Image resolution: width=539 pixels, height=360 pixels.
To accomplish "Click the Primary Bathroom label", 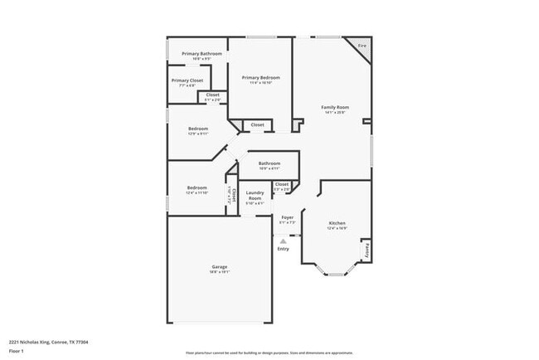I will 196,55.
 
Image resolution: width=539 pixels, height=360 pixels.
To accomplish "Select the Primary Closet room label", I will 187,81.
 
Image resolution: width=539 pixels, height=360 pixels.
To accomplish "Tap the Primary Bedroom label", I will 258,79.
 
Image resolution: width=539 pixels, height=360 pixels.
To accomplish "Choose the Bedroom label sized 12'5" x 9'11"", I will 197,130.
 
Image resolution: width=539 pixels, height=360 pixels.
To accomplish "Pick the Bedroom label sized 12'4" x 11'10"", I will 196,189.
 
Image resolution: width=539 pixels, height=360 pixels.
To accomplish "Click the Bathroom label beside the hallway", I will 269,164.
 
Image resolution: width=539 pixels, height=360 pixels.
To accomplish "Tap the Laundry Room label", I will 255,197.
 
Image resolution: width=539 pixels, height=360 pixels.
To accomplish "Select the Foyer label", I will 287,218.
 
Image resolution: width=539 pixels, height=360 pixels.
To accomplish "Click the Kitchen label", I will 337,224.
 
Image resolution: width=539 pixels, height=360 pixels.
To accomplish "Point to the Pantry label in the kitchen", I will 365,249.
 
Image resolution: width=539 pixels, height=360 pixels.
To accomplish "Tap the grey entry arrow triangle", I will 284,241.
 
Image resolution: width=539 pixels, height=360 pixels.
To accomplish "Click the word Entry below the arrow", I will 284,249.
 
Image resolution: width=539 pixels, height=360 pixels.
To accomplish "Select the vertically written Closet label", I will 234,196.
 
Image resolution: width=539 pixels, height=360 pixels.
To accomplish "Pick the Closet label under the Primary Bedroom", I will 258,124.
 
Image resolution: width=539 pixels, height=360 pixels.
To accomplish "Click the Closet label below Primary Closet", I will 212,96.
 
